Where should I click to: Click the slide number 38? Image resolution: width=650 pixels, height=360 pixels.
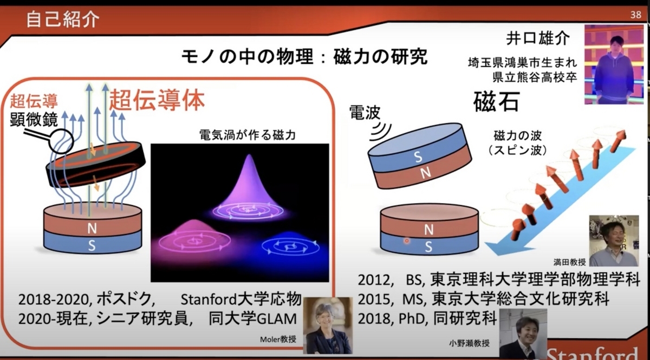(x=635, y=15)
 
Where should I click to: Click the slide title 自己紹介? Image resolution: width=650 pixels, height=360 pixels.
(x=63, y=19)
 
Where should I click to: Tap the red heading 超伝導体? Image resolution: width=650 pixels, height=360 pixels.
(x=157, y=100)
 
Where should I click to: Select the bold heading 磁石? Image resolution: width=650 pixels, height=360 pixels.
(x=496, y=102)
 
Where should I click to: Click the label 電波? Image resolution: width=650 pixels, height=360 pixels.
(x=365, y=112)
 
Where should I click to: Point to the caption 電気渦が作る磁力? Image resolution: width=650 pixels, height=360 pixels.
(x=248, y=135)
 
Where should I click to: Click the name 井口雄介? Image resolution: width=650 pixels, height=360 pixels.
(x=538, y=38)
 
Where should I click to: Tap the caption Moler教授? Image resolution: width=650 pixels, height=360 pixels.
(x=278, y=339)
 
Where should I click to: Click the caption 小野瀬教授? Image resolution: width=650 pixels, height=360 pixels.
(x=469, y=343)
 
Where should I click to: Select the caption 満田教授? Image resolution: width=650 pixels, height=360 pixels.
(x=570, y=262)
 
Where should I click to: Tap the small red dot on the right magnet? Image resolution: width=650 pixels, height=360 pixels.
(x=407, y=241)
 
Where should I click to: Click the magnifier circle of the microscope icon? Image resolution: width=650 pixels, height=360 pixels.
(x=61, y=141)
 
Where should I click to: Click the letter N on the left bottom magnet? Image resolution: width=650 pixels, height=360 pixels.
(x=92, y=228)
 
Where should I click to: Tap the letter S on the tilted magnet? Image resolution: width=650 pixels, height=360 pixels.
(x=418, y=156)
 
